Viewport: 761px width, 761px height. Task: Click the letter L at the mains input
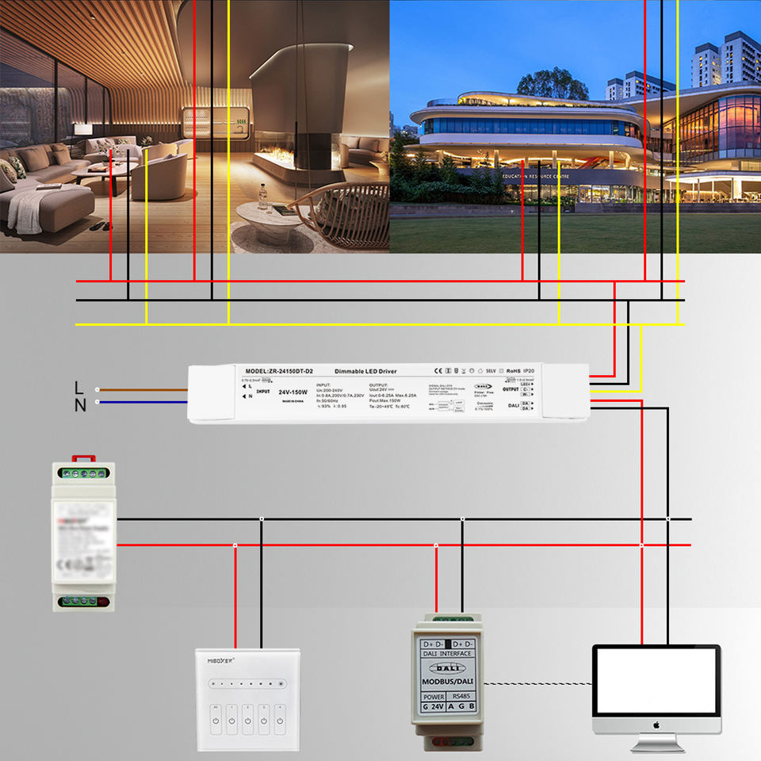pyautogui.click(x=78, y=388)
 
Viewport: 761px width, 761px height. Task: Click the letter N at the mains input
pyautogui.click(x=79, y=405)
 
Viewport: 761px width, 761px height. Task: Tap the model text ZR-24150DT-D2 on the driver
pyautogui.click(x=280, y=371)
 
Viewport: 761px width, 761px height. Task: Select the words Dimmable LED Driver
pyautogui.click(x=365, y=371)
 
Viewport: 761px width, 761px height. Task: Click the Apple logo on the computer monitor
pyautogui.click(x=656, y=725)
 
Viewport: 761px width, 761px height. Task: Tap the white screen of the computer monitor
pyautogui.click(x=656, y=681)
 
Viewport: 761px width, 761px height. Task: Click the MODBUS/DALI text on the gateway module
pyautogui.click(x=448, y=680)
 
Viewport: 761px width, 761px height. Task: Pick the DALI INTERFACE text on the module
pyautogui.click(x=447, y=653)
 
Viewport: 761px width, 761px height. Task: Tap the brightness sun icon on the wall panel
pyautogui.click(x=280, y=683)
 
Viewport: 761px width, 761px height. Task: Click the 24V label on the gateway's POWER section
pyautogui.click(x=435, y=707)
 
